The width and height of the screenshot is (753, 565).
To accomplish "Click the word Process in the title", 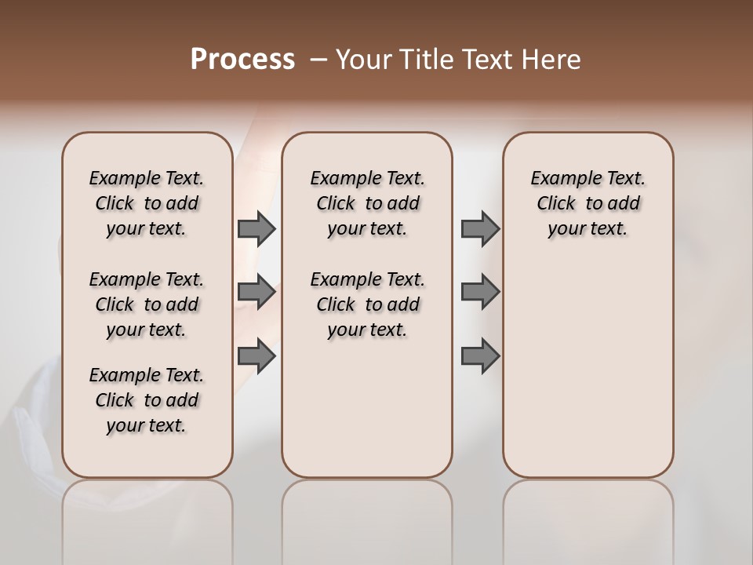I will [242, 60].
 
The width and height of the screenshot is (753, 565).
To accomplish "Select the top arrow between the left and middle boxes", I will [256, 229].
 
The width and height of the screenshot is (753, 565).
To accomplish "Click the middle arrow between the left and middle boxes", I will [256, 292].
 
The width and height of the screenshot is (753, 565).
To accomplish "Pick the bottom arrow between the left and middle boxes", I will [256, 356].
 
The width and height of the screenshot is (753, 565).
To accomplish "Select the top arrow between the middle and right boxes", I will [480, 229].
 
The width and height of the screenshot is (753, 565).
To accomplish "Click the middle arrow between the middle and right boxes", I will [480, 292].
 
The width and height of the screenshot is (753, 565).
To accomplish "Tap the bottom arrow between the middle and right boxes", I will [480, 356].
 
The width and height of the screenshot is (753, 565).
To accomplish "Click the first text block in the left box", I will [147, 203].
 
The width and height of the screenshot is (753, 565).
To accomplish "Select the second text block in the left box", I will [147, 304].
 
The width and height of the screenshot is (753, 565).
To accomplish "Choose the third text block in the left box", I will [147, 400].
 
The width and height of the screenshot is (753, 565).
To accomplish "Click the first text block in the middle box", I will [368, 203].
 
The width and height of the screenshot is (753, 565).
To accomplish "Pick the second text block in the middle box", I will [368, 304].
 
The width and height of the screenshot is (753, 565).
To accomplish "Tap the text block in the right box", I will [588, 203].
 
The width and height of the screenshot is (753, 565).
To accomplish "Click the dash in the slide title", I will [318, 60].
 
